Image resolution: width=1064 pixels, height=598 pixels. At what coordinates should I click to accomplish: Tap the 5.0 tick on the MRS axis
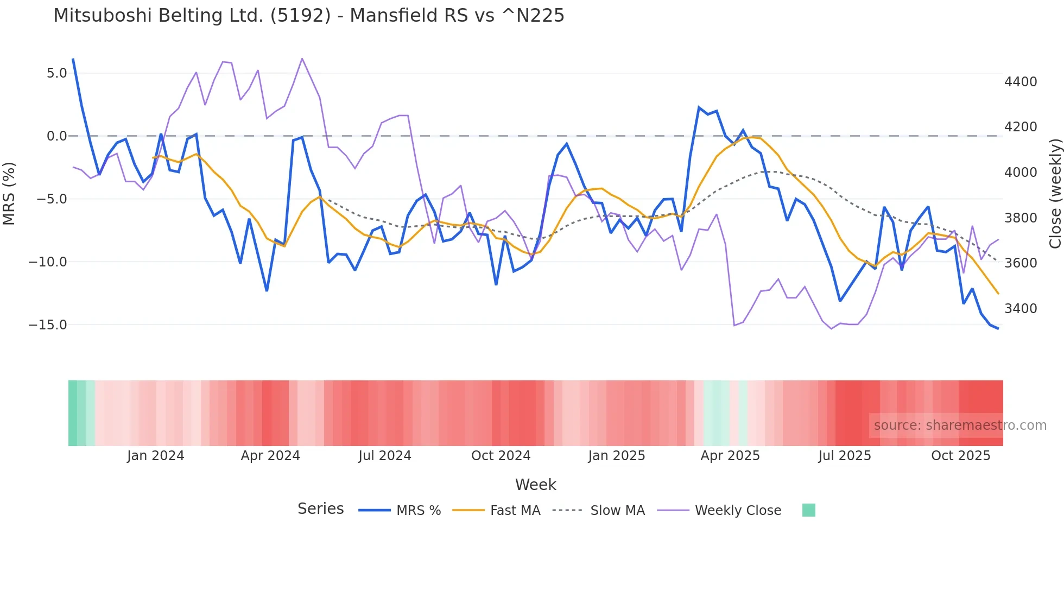coord(56,73)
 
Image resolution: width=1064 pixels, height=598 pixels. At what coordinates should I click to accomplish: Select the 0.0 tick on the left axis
coord(56,136)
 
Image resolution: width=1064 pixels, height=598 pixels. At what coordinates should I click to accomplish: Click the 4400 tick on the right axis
coord(1021,82)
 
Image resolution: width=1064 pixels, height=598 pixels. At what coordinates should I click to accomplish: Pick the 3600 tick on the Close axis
coord(1021,263)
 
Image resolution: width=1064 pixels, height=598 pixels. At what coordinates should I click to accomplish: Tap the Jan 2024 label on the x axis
coord(156,456)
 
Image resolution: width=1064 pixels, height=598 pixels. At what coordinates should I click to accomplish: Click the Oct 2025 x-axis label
coord(960,456)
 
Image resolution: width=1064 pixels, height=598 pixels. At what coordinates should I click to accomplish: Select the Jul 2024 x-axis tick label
coord(385,456)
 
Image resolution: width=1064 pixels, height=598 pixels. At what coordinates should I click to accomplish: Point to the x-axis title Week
coord(535,485)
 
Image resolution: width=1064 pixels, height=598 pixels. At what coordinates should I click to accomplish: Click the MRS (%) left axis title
coord(9,193)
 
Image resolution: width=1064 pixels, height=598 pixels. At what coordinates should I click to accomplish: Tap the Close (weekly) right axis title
coord(1055,194)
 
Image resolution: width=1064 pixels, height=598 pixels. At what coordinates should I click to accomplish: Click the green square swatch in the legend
coord(808,510)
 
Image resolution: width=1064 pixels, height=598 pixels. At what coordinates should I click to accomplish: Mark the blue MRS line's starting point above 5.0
coord(73,59)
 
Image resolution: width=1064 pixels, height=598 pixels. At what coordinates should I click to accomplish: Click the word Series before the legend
coord(320,509)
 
